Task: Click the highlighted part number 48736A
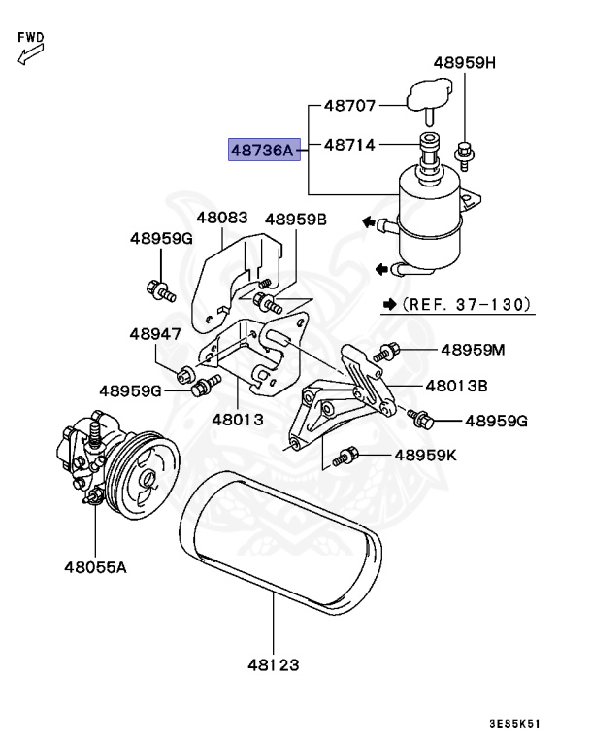pos(261,151)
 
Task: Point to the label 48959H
pos(464,63)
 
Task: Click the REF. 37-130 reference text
pos(464,304)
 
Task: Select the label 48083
pos(221,219)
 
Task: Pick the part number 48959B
pos(296,220)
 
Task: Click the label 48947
pos(154,334)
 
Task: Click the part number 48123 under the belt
pos(272,666)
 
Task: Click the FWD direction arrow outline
pos(26,54)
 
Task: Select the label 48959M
pos(473,350)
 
